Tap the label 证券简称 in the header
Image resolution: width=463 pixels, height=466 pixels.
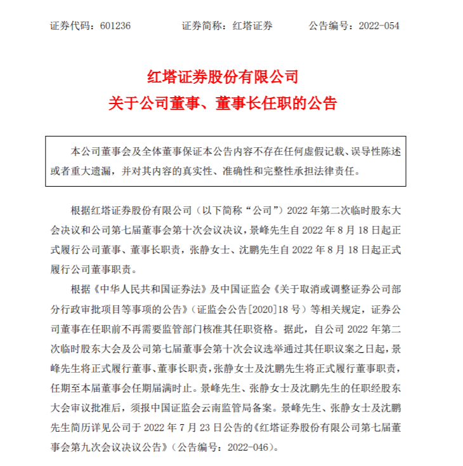tap(202, 26)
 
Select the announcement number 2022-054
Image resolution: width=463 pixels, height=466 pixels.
tap(379, 26)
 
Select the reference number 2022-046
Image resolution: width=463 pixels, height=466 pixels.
tap(249, 447)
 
